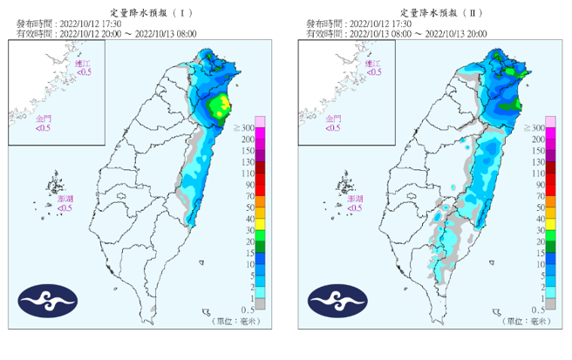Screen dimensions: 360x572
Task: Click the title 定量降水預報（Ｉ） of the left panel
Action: click(x=143, y=8)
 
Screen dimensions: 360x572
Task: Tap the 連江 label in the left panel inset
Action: click(x=82, y=64)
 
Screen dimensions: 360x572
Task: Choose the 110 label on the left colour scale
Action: click(x=248, y=173)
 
